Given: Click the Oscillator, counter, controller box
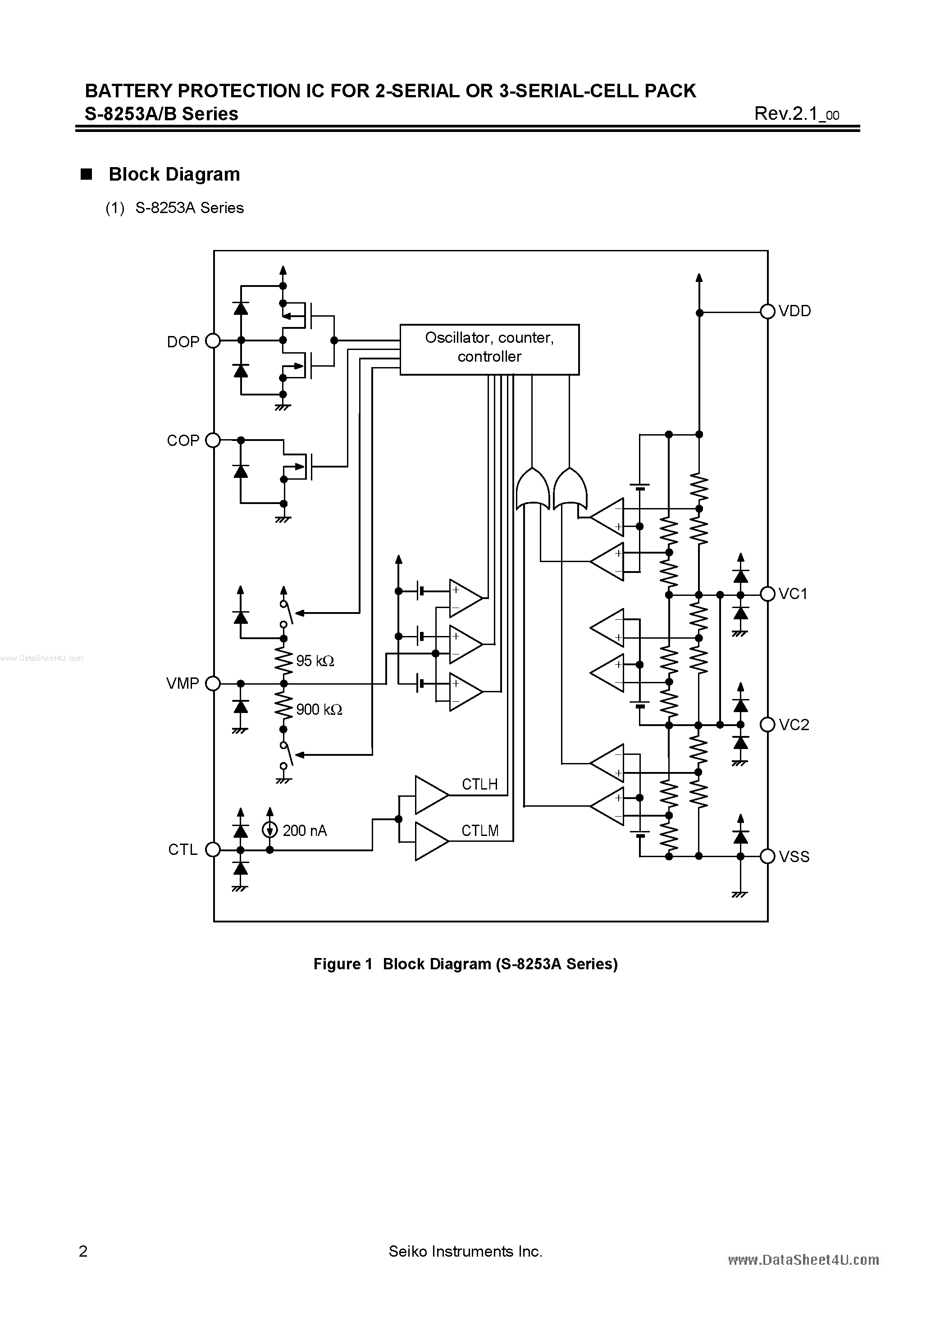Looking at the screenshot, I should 489,350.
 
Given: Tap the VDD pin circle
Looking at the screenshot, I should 767,312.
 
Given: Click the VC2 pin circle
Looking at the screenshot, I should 767,725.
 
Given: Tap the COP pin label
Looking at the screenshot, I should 183,441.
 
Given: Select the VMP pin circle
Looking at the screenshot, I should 213,683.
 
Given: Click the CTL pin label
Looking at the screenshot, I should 183,849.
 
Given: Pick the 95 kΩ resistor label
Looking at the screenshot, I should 315,661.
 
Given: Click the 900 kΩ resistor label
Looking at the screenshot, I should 319,709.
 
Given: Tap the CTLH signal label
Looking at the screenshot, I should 479,784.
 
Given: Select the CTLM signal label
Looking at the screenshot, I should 480,830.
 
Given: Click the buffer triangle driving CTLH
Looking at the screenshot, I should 430,795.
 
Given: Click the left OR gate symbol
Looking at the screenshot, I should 533,489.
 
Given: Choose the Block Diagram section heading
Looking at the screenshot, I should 174,174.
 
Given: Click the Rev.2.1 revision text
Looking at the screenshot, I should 796,114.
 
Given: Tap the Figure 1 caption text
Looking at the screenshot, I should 465,964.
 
